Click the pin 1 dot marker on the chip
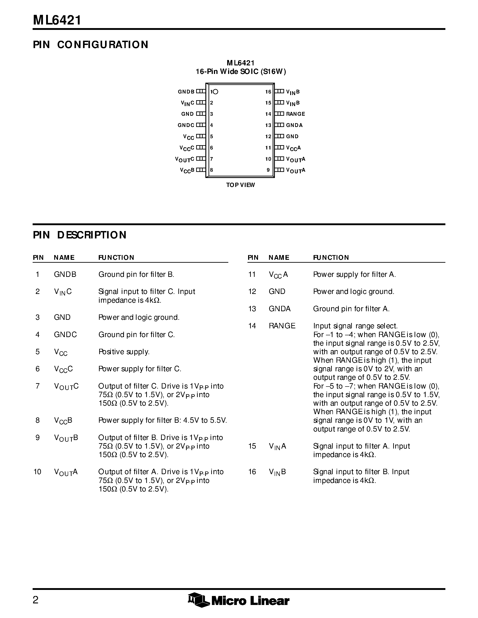[215, 92]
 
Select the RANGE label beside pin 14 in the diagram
[295, 114]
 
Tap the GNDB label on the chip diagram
[186, 92]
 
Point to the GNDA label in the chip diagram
[294, 125]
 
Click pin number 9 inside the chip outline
[268, 170]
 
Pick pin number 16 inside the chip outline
[268, 92]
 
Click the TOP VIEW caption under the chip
[240, 185]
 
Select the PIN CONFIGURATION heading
[91, 45]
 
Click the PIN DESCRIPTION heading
[80, 235]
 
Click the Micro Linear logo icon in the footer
[198, 600]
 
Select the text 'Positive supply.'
[124, 352]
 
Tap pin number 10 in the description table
[37, 472]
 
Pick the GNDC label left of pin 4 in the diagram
[186, 125]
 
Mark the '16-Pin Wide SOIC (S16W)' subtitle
[241, 72]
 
